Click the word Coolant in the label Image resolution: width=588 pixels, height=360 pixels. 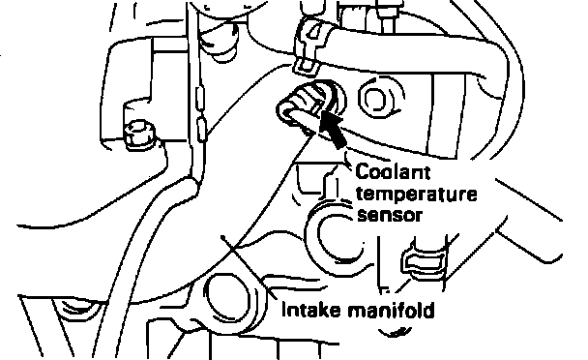[393, 172]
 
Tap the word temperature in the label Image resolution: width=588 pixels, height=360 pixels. [417, 195]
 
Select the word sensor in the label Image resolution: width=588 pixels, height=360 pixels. [390, 216]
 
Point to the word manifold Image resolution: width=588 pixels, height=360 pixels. [391, 311]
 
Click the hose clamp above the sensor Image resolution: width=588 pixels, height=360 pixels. [310, 45]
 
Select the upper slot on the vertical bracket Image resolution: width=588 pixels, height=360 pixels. [199, 99]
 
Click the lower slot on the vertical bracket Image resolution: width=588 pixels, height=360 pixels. [201, 129]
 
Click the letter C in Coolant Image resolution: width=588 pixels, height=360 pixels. [363, 172]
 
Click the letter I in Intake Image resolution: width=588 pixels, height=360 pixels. [284, 310]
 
